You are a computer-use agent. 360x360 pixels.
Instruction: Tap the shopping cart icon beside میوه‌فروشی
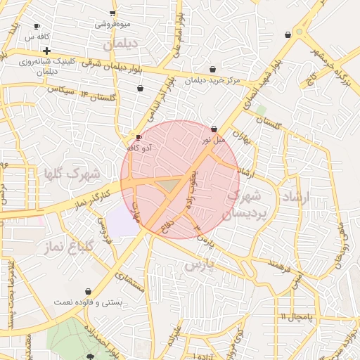tap(113, 13)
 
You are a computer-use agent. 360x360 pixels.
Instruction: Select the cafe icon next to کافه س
tap(37, 26)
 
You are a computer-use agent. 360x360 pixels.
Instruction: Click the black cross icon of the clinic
tap(46, 51)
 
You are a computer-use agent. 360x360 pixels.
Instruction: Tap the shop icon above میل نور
tap(214, 129)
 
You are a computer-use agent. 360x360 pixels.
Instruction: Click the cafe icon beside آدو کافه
tap(139, 136)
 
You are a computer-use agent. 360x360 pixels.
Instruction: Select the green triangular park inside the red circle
tap(168, 185)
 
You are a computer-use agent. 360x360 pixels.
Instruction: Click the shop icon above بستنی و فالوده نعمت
tap(88, 290)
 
